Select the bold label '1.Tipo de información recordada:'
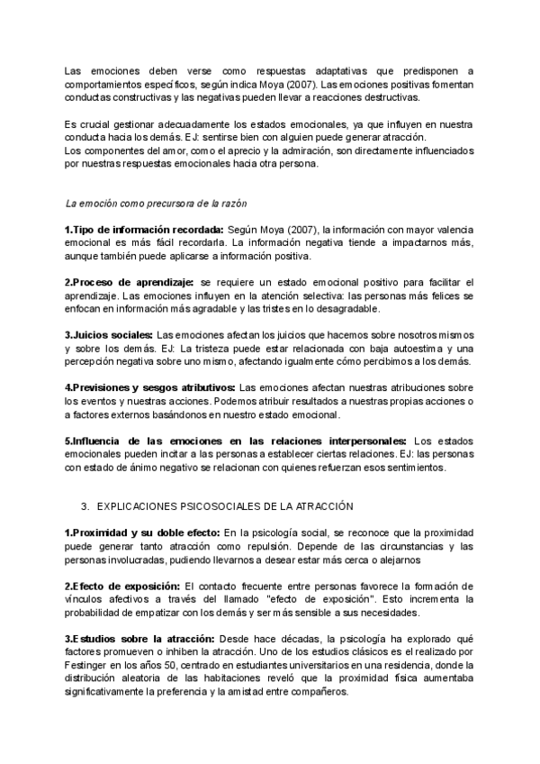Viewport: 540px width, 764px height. pyautogui.click(x=144, y=230)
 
